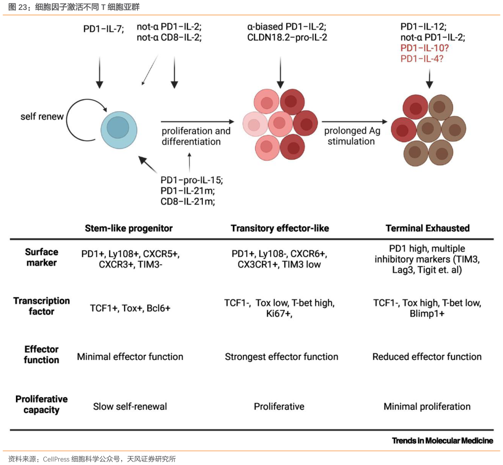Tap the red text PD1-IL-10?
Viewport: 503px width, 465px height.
coord(425,48)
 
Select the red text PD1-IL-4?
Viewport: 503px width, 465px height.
coord(422,59)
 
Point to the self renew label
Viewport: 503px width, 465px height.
coord(42,117)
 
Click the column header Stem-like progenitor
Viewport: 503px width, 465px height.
coord(129,228)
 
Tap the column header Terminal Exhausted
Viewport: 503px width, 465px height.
coord(428,228)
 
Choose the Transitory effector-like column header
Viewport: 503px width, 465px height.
coord(280,228)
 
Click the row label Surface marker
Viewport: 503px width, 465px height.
coord(42,257)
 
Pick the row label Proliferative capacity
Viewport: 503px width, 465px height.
coord(41,405)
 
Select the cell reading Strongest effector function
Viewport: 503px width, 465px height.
coord(282,357)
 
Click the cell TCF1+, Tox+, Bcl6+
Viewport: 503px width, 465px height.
coord(130,308)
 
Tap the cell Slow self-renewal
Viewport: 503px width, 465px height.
coord(130,407)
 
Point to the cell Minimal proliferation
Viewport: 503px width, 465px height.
coord(427,407)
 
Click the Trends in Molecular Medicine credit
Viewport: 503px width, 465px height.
coord(442,441)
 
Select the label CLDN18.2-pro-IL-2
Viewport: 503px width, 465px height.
coord(287,37)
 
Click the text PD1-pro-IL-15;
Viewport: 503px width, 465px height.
coord(191,180)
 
